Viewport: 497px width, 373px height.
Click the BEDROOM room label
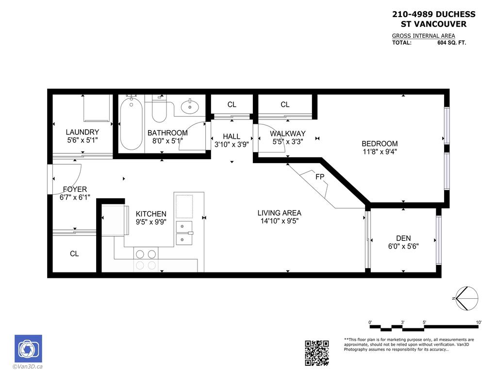[x=380, y=144]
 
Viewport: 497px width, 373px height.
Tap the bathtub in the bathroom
[x=131, y=124]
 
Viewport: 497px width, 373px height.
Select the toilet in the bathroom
[x=159, y=110]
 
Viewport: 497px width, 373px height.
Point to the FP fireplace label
[x=319, y=177]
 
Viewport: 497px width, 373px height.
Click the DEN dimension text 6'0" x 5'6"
[x=403, y=246]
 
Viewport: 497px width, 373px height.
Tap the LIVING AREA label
[x=279, y=213]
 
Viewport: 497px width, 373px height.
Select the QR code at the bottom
[x=317, y=353]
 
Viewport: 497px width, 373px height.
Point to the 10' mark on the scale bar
[x=479, y=322]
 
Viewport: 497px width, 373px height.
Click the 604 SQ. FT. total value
[x=451, y=43]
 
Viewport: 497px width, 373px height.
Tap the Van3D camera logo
[x=28, y=349]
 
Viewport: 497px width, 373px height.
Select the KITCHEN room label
[x=151, y=214]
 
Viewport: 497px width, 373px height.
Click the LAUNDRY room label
[x=83, y=132]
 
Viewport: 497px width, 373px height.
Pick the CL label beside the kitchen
[x=74, y=254]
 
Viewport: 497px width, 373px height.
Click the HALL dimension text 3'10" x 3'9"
[x=232, y=144]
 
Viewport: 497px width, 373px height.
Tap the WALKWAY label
[x=288, y=134]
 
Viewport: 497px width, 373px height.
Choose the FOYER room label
[x=75, y=189]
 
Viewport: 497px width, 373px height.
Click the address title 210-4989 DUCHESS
[x=433, y=15]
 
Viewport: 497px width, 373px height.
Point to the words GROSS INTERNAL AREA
[x=424, y=36]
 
